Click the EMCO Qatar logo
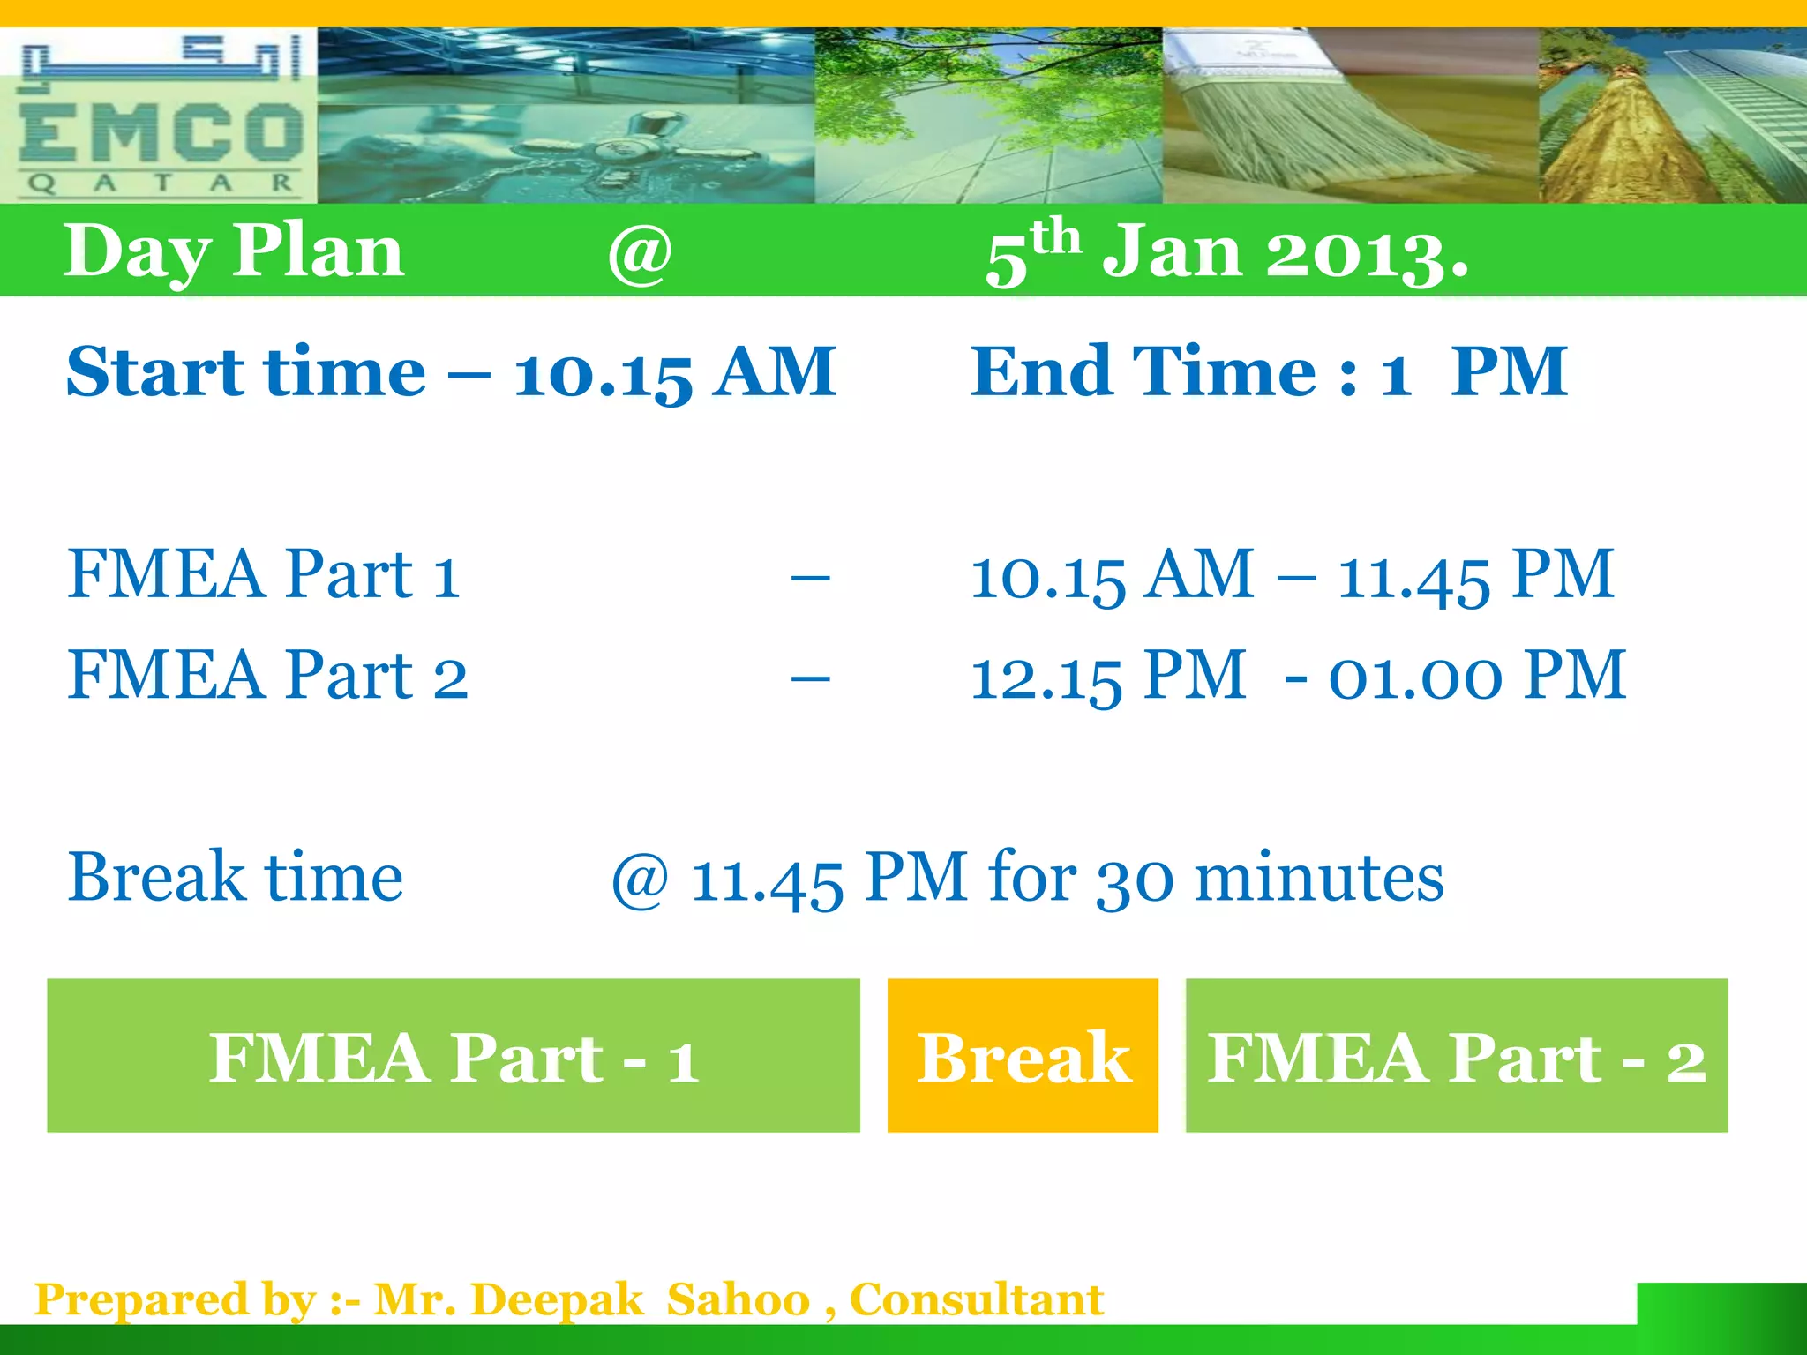(x=159, y=116)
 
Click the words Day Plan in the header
(x=234, y=251)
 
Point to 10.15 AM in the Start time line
(x=675, y=372)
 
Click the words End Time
(x=1143, y=371)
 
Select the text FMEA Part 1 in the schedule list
(x=264, y=575)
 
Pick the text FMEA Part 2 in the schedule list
(x=267, y=676)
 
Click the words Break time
(x=236, y=879)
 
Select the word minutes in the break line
(x=1319, y=879)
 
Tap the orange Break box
(x=1023, y=1056)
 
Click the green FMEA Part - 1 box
(x=454, y=1056)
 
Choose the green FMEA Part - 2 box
(x=1456, y=1056)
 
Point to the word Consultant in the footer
(x=977, y=1300)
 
